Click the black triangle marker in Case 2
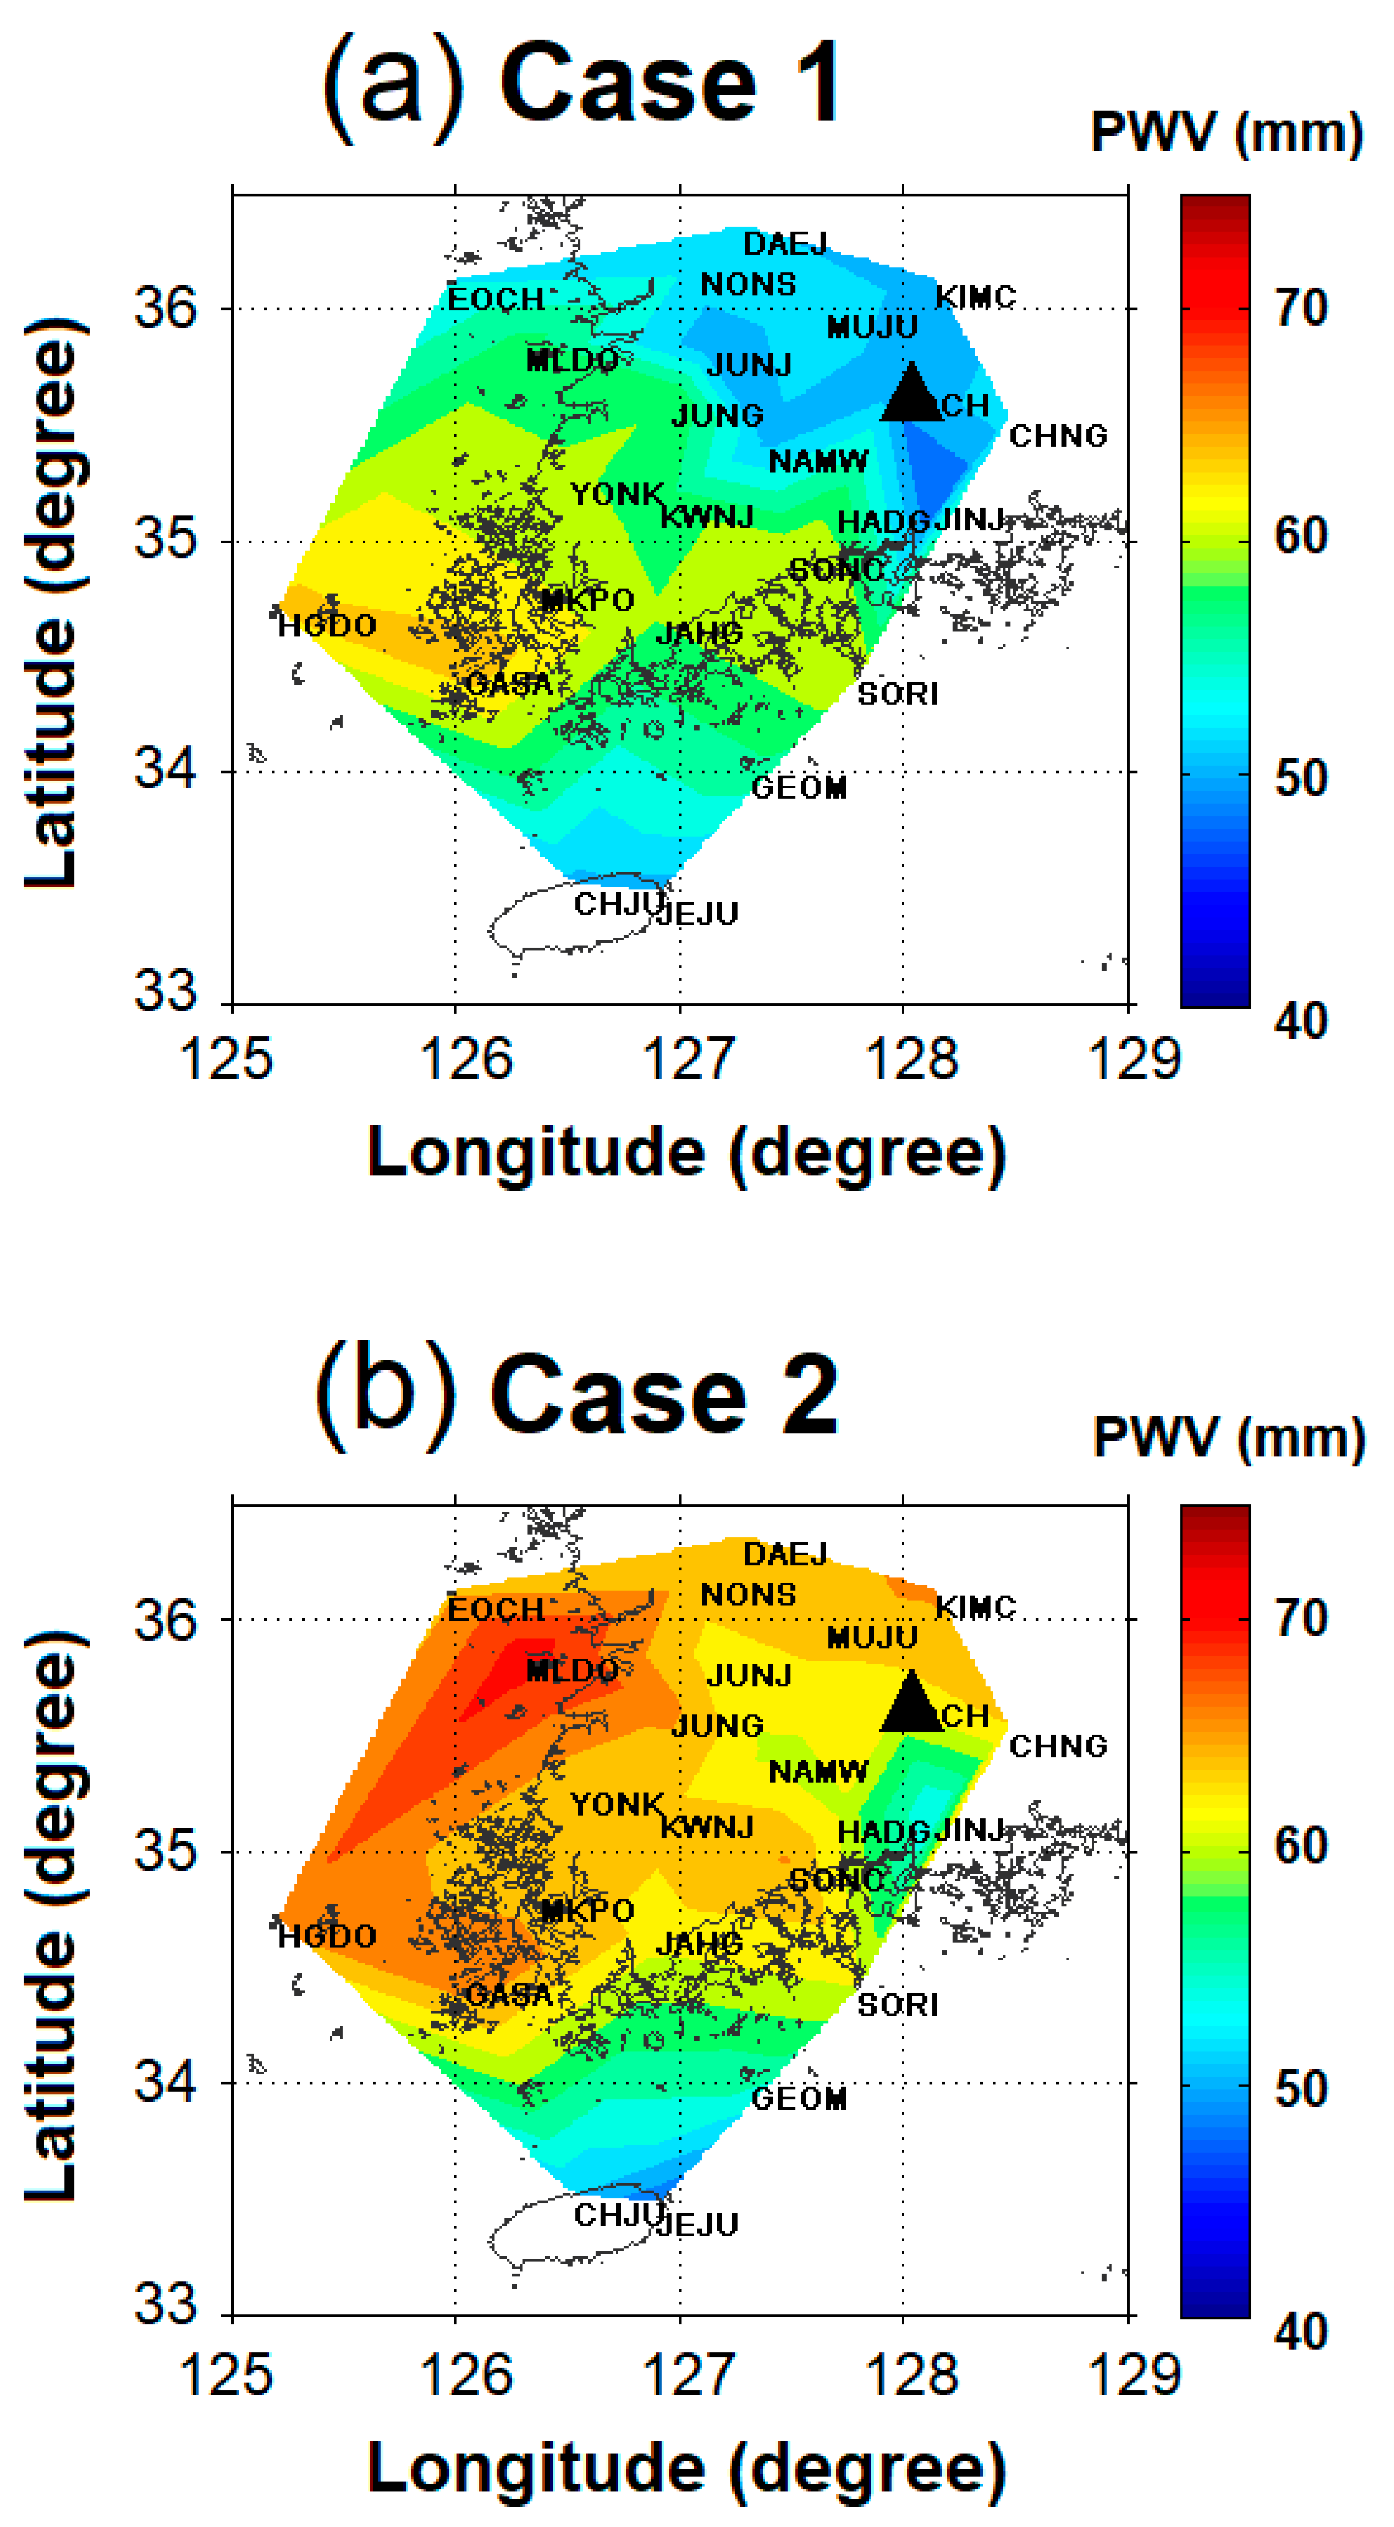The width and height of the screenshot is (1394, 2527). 911,1704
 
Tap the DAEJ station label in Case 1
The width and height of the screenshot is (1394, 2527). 785,243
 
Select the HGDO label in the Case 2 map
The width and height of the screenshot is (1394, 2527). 327,1937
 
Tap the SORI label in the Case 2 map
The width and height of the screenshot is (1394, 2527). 898,2004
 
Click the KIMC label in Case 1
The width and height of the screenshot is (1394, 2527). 975,296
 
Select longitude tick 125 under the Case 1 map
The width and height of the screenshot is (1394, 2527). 226,1060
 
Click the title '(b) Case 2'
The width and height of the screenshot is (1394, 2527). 577,1395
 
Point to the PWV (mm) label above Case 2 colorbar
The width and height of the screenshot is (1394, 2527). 1228,1438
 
